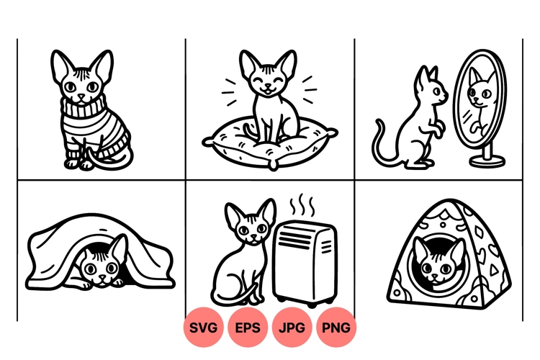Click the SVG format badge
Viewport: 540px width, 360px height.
205,328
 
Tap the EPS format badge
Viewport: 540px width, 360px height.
249,328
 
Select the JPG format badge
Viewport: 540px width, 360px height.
293,328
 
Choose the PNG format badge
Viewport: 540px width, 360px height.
336,328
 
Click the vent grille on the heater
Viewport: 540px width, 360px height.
325,248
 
